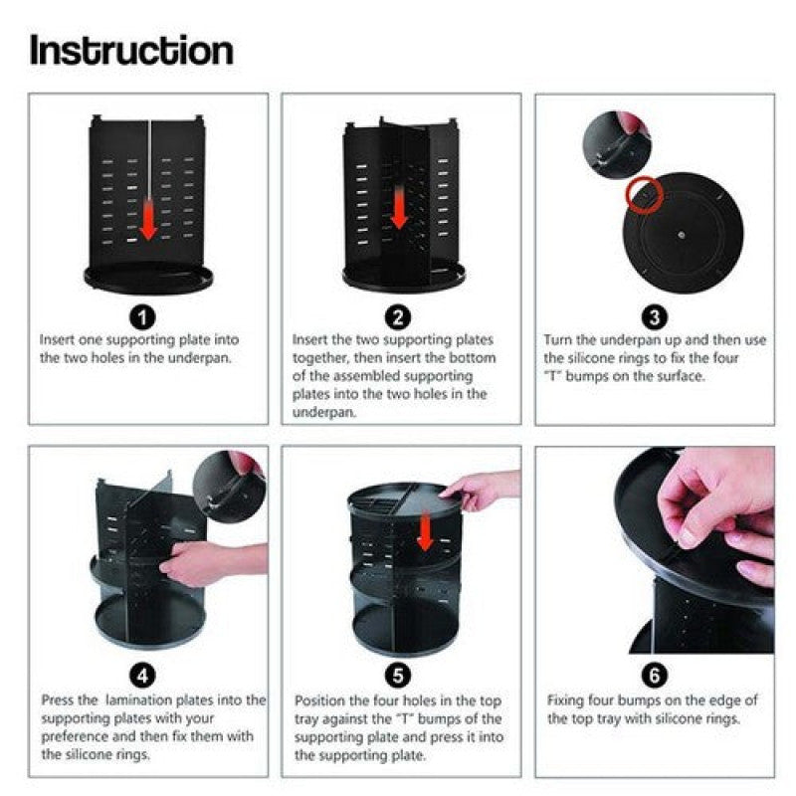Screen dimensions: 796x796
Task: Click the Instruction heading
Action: coord(131,50)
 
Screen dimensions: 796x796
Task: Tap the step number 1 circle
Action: coord(144,318)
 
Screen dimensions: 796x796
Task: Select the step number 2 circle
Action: coord(398,318)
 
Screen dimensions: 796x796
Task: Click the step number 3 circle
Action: coord(654,318)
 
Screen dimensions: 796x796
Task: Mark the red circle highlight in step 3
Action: coord(641,194)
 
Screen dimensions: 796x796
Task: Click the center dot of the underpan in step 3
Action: coord(681,235)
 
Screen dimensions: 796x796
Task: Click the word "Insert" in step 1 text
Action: coord(58,339)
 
